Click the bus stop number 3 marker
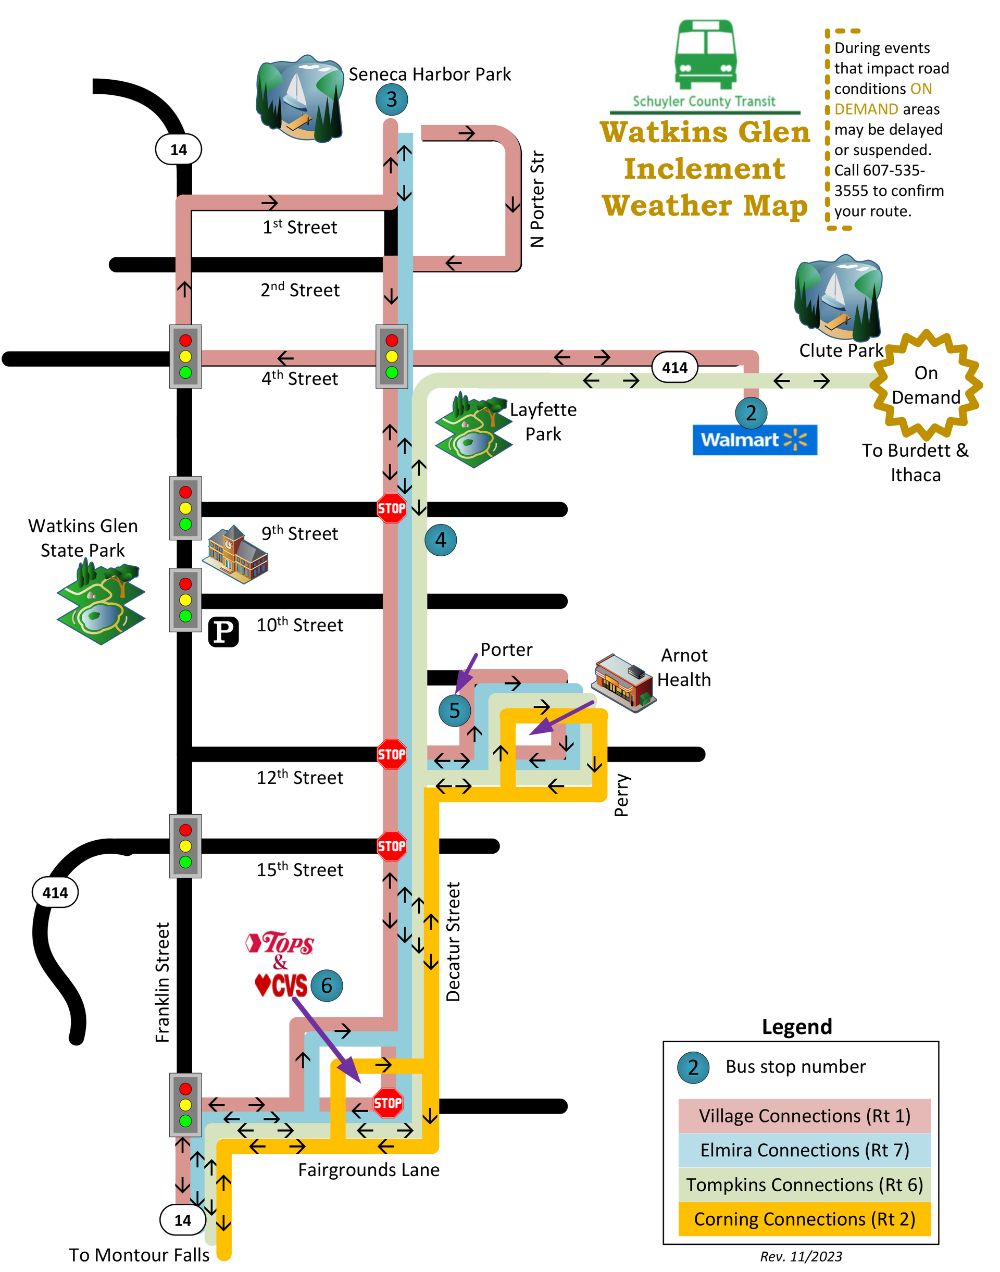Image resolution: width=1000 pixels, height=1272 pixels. pyautogui.click(x=392, y=99)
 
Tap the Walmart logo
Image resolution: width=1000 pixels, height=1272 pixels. pyautogui.click(x=755, y=440)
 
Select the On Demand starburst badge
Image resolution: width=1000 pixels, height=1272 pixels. pyautogui.click(x=926, y=385)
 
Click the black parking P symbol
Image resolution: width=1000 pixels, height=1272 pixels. pyautogui.click(x=223, y=632)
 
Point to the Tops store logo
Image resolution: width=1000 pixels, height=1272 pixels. pyautogui.click(x=280, y=942)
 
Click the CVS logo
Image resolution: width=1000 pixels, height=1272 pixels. pyautogui.click(x=281, y=985)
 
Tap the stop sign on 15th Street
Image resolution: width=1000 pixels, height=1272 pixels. pyautogui.click(x=392, y=846)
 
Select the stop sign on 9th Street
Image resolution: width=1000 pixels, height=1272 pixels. pyautogui.click(x=392, y=508)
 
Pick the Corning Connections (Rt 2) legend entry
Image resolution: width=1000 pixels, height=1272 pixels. pyautogui.click(x=805, y=1219)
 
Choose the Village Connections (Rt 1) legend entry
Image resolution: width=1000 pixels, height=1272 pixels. pyautogui.click(x=805, y=1116)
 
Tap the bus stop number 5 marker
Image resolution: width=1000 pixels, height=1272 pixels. pyautogui.click(x=455, y=710)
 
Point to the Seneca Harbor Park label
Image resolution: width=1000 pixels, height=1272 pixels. pyautogui.click(x=430, y=74)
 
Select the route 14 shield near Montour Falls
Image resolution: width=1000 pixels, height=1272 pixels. pyautogui.click(x=183, y=1220)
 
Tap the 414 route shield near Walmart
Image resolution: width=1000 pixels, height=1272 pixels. pyautogui.click(x=674, y=367)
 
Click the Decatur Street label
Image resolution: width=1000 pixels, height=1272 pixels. pyautogui.click(x=453, y=942)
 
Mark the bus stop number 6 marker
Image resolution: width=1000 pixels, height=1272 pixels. pyautogui.click(x=327, y=985)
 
